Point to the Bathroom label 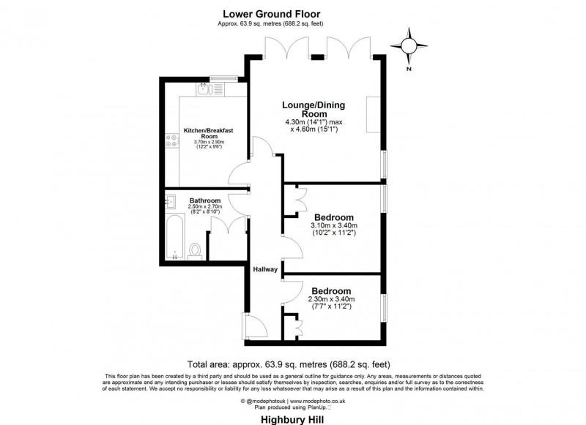[x=205, y=201]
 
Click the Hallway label [x=265, y=270]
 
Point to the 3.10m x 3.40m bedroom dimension [x=334, y=230]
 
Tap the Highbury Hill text [x=293, y=420]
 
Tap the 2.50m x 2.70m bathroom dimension [x=205, y=209]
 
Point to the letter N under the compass [x=409, y=69]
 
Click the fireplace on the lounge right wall [x=373, y=114]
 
